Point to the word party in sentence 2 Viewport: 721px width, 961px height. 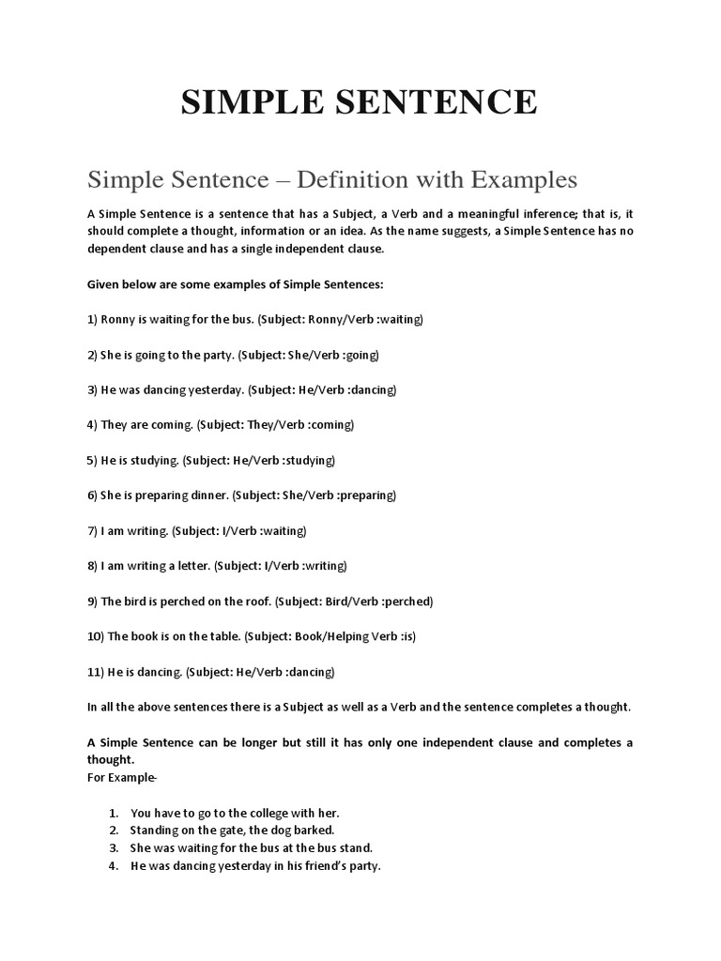pos(212,355)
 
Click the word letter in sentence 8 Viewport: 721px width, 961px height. pos(190,565)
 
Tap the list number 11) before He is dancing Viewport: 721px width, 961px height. pos(97,671)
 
